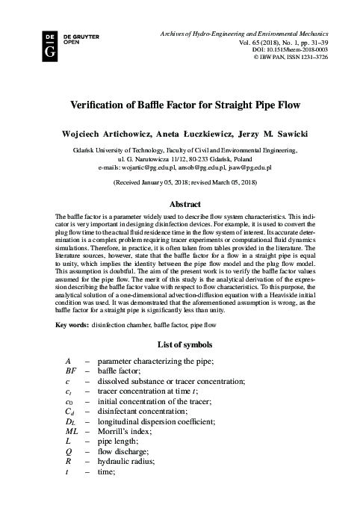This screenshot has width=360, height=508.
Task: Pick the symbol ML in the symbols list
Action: click(72, 432)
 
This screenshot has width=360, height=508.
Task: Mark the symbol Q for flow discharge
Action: click(69, 453)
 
